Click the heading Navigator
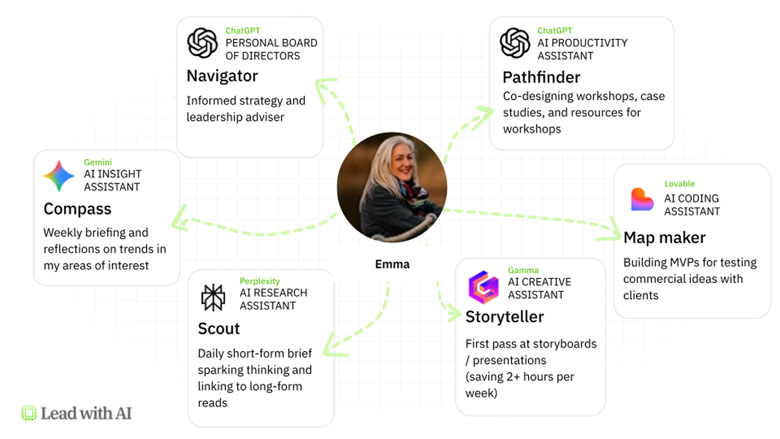pyautogui.click(x=222, y=76)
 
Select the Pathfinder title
pyautogui.click(x=541, y=77)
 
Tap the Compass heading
pyautogui.click(x=77, y=209)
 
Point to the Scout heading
pyautogui.click(x=219, y=329)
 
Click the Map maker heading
pyautogui.click(x=665, y=237)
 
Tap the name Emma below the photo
pyautogui.click(x=392, y=264)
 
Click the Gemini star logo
pyautogui.click(x=59, y=176)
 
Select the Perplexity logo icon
pyautogui.click(x=213, y=298)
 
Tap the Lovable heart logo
pyautogui.click(x=642, y=199)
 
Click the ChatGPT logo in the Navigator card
pyautogui.click(x=202, y=43)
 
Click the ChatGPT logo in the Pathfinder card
pyautogui.click(x=515, y=43)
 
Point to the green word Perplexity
pyautogui.click(x=259, y=281)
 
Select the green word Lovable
pyautogui.click(x=679, y=184)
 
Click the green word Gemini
pyautogui.click(x=98, y=162)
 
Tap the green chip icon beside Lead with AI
pyautogui.click(x=29, y=413)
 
